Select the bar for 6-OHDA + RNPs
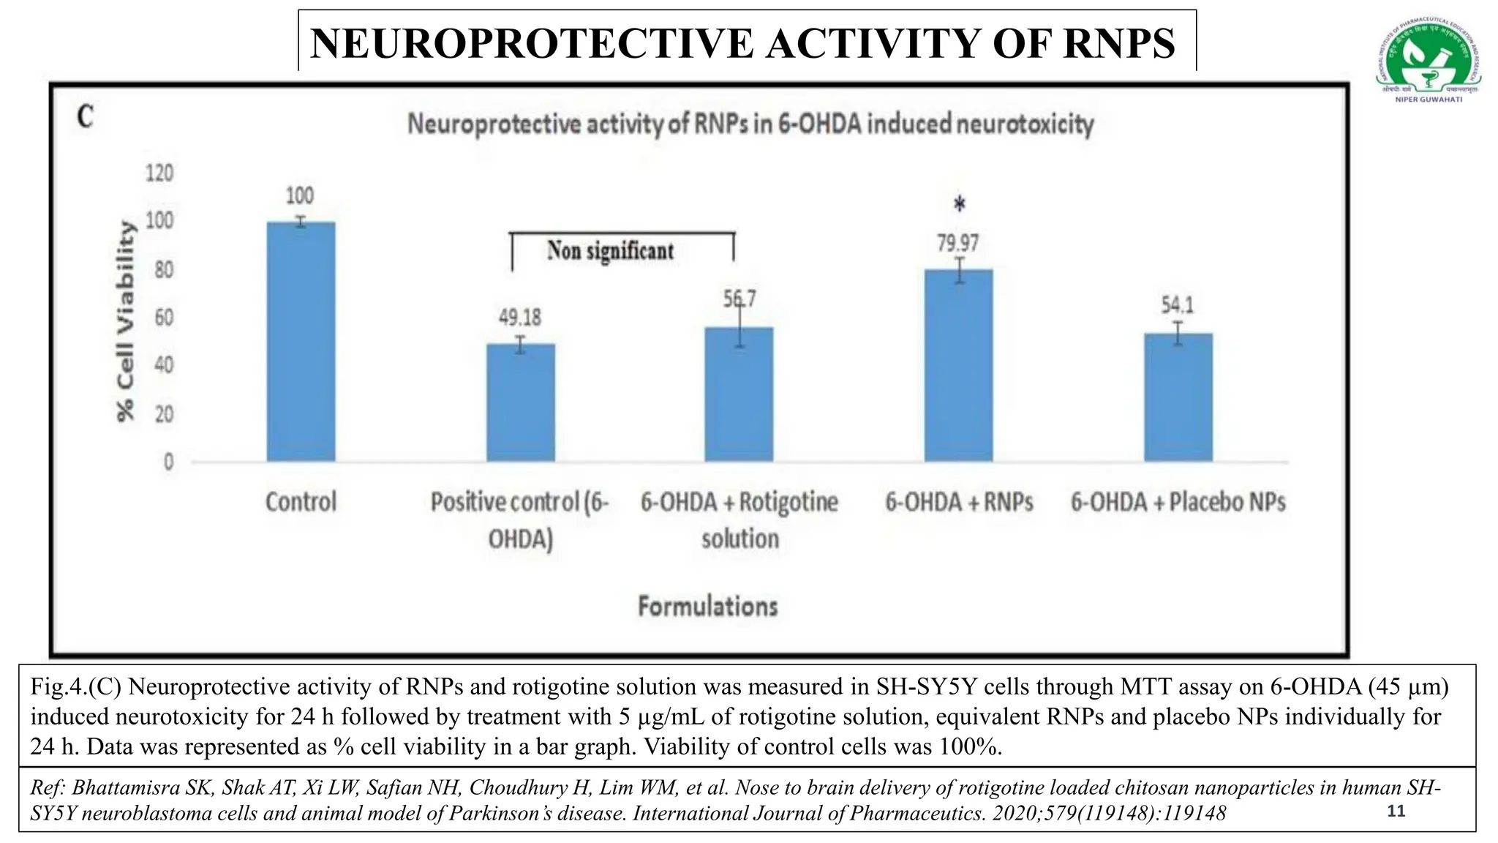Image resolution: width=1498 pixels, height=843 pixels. coord(958,365)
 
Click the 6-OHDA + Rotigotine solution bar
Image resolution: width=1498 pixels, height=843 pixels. coord(739,394)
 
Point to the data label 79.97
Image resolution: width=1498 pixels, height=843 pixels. coord(958,243)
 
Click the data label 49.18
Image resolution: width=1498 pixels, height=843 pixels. coord(520,318)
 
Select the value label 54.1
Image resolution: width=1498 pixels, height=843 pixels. coord(1178,304)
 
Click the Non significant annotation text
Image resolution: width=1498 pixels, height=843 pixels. coord(610,251)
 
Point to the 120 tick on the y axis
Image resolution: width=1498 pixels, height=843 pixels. coord(159,173)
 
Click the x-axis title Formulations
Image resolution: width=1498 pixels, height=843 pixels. coord(707,606)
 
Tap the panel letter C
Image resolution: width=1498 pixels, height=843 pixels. coord(86,117)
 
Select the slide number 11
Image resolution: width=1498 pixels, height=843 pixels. coord(1396,811)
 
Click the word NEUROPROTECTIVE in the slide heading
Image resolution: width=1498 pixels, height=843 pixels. coord(532,43)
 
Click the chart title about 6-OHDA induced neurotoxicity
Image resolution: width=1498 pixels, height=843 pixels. coord(750,124)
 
